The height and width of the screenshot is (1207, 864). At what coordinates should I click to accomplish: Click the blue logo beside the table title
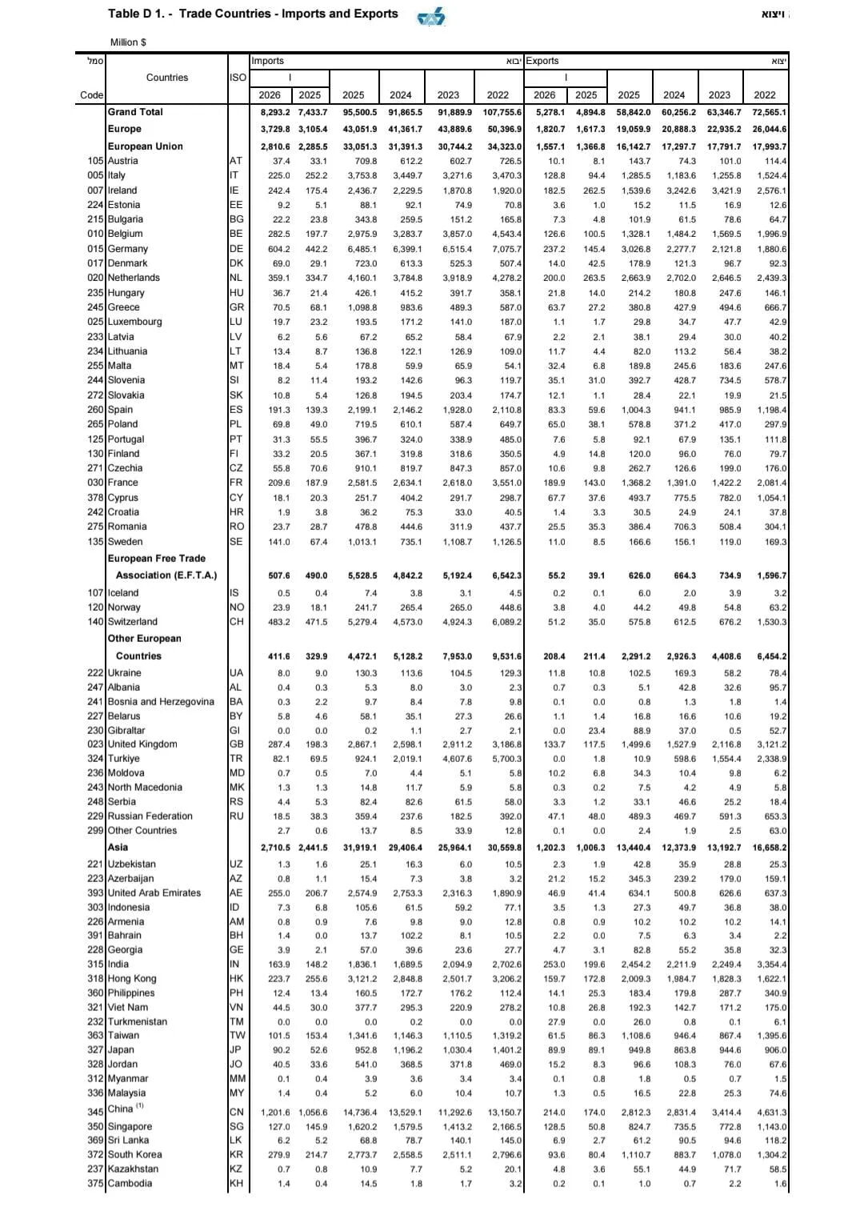tap(431, 17)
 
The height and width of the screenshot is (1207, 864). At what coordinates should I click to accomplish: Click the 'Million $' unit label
tap(128, 42)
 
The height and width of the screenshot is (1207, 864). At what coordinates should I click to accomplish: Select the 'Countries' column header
tap(167, 78)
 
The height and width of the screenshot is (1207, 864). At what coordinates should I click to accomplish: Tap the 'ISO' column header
tap(238, 78)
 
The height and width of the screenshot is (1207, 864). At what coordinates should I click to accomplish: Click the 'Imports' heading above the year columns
tap(268, 61)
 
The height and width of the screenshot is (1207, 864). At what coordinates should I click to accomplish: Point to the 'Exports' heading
tap(542, 61)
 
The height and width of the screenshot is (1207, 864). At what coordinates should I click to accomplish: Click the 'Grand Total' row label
tap(135, 112)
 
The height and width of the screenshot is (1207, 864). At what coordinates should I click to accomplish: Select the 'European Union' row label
tap(145, 146)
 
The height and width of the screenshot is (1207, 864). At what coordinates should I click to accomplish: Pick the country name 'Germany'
tap(128, 249)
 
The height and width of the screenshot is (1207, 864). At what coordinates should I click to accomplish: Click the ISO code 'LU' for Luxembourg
tap(235, 322)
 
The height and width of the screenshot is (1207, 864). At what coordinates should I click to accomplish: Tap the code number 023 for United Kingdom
tap(96, 744)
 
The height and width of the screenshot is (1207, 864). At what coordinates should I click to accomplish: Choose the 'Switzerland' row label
tap(133, 622)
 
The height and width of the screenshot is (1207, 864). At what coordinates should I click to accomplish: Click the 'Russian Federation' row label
tap(150, 816)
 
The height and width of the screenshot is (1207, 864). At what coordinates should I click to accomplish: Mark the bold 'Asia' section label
tap(118, 848)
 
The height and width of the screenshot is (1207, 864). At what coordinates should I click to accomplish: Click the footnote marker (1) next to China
tap(139, 1106)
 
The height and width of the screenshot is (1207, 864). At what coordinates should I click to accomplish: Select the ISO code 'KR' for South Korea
tap(236, 1155)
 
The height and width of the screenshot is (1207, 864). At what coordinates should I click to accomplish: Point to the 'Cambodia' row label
tap(130, 1184)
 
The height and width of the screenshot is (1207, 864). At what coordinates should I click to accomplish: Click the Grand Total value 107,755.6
tap(502, 113)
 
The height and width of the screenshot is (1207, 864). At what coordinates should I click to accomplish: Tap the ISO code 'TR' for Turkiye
tap(235, 759)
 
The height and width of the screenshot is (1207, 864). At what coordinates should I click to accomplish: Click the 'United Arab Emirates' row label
tap(154, 893)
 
